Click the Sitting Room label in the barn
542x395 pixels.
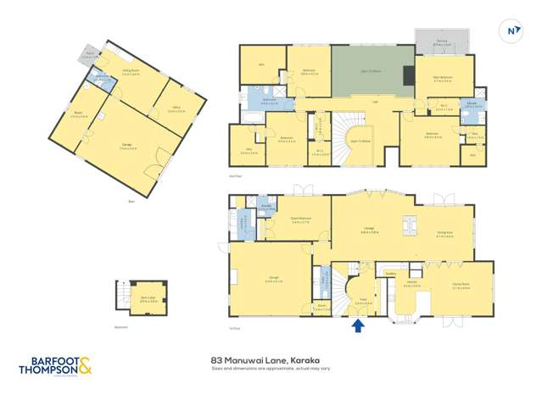point(131,74)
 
